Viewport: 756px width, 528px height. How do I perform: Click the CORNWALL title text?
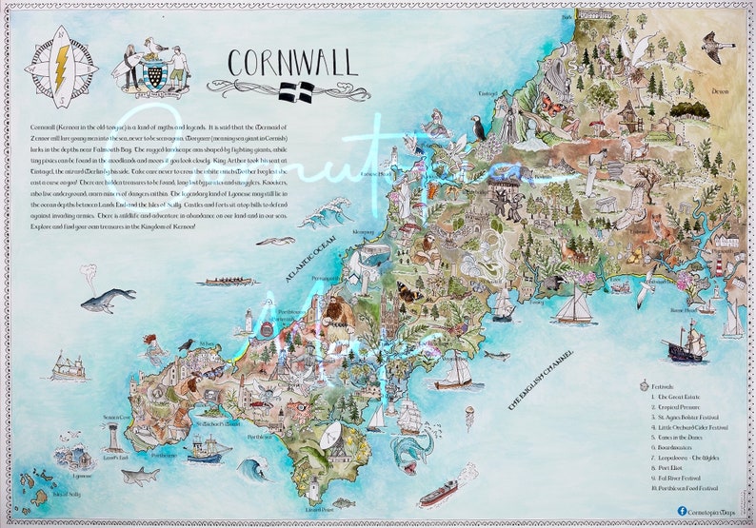(x=292, y=63)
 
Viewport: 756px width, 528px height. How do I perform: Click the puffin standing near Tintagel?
(x=478, y=128)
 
